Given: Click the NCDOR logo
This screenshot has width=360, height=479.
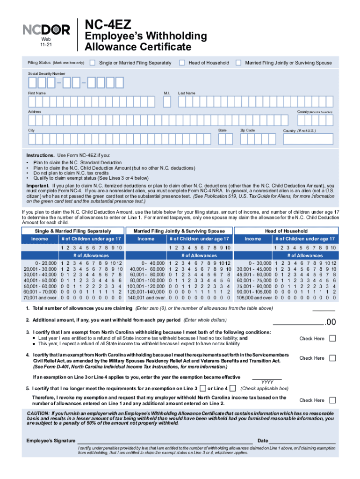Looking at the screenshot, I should (46, 29).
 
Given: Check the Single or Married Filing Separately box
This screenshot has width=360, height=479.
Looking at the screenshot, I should (93, 63).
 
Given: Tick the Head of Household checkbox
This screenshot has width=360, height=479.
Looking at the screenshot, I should (182, 63).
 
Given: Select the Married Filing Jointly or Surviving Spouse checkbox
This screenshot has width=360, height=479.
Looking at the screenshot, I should (238, 63).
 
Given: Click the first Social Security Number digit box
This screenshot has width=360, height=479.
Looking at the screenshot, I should (32, 83).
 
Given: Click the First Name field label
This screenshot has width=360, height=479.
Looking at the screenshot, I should (37, 93).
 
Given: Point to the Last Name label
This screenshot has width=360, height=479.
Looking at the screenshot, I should (187, 93).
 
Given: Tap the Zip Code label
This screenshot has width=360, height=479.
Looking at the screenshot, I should (247, 130).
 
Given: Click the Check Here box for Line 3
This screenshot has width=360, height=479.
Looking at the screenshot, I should (332, 338).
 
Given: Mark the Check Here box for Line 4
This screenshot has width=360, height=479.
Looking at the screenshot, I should (332, 358).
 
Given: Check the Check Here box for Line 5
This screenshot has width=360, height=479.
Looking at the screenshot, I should (332, 400).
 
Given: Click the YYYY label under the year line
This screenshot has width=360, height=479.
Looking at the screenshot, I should (267, 382).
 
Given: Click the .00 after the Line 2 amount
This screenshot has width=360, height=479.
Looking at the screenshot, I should (331, 322).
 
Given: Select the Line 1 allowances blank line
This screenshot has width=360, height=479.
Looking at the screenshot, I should (324, 309).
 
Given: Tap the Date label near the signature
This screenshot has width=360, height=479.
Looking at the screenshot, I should (263, 441).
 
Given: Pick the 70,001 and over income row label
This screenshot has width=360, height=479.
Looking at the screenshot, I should (40, 297).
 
